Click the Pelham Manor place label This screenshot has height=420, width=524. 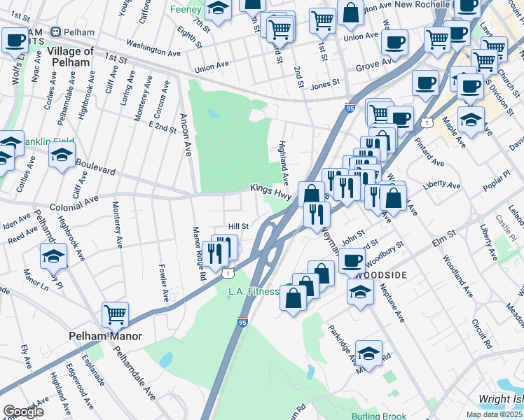105,336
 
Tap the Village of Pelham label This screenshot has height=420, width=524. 70,57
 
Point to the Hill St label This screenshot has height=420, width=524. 240,226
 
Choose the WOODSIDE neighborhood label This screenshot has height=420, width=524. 381,275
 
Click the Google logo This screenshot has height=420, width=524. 23,412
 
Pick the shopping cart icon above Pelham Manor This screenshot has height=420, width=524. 116,315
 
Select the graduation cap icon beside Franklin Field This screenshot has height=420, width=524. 62,155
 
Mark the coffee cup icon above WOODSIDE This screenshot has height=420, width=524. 352,260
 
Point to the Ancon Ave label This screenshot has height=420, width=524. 186,136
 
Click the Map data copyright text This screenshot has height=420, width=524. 495,414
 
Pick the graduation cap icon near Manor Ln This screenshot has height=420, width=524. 53,257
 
